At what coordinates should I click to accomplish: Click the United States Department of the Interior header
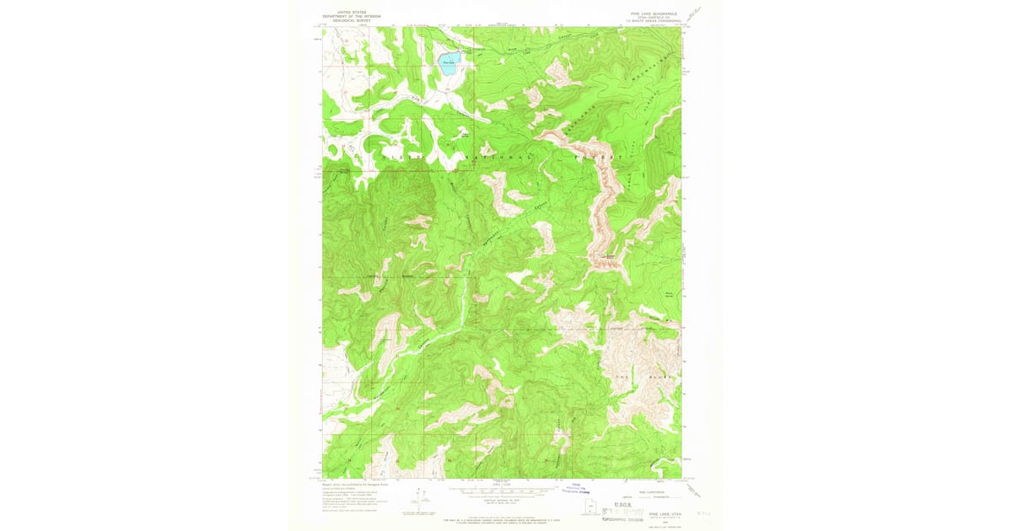352,16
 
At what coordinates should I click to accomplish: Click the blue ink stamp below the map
581,486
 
